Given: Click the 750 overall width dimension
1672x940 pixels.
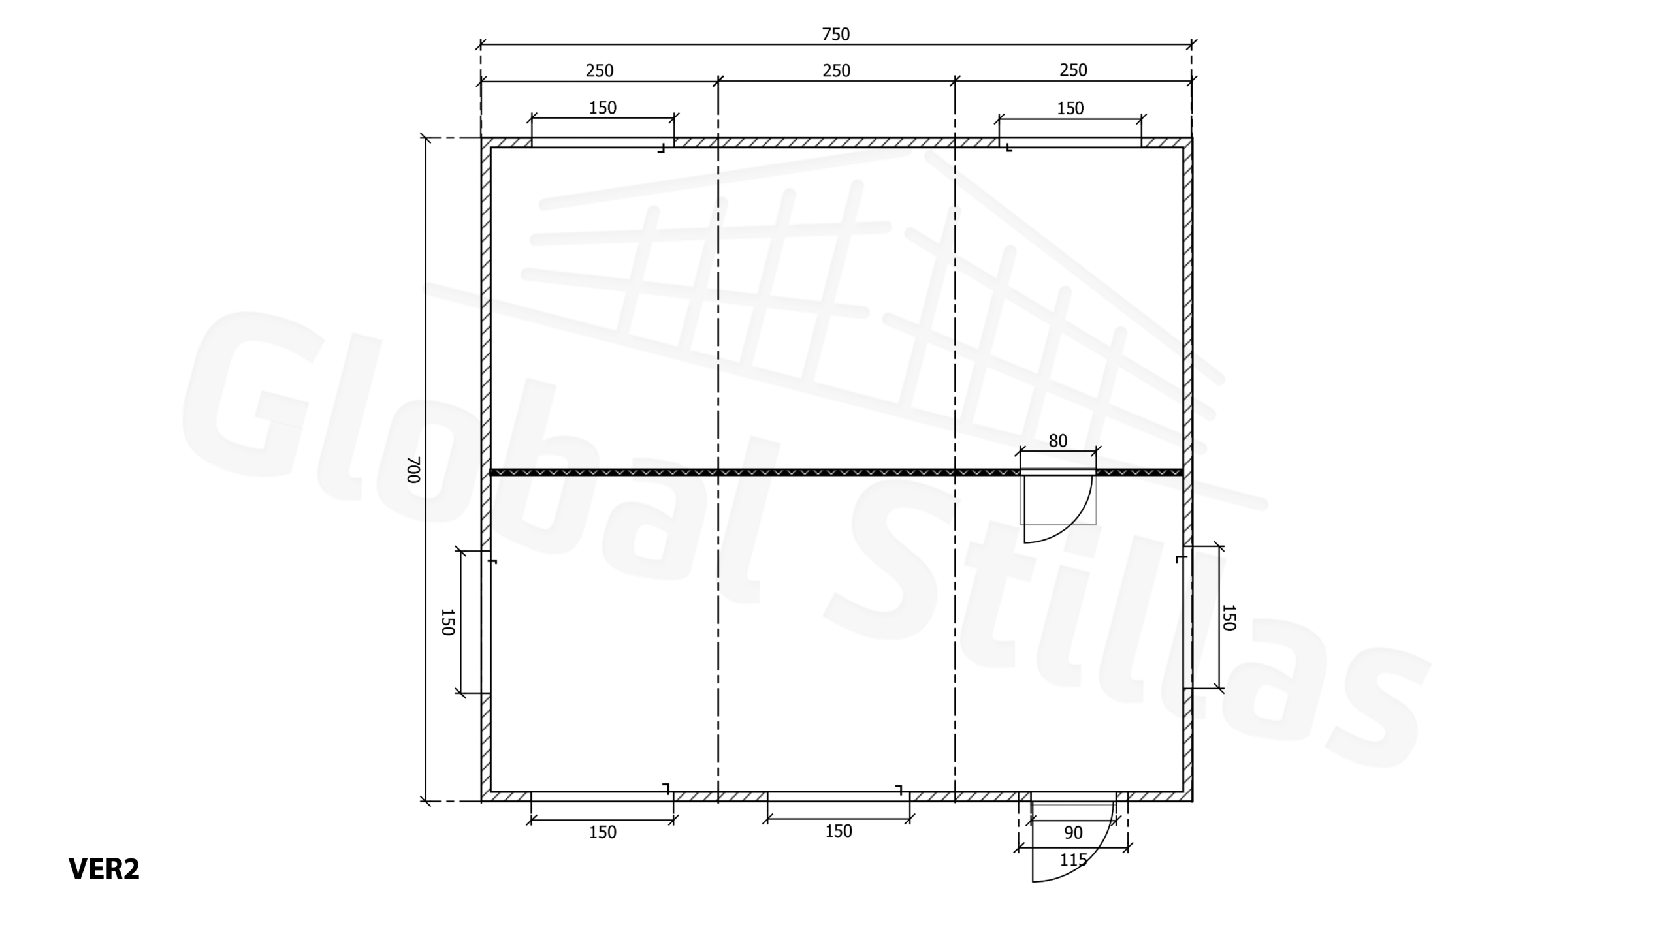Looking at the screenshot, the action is [836, 34].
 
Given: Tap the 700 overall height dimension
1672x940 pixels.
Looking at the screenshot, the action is [413, 469].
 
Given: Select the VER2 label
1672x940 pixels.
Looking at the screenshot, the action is [104, 869].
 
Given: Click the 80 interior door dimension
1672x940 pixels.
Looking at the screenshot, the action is [1057, 441].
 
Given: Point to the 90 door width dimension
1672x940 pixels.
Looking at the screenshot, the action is [1073, 832].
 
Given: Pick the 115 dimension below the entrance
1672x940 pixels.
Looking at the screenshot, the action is [1073, 860].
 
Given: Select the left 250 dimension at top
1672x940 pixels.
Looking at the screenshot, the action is [599, 70].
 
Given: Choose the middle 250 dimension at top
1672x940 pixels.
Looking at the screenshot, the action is [836, 70].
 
